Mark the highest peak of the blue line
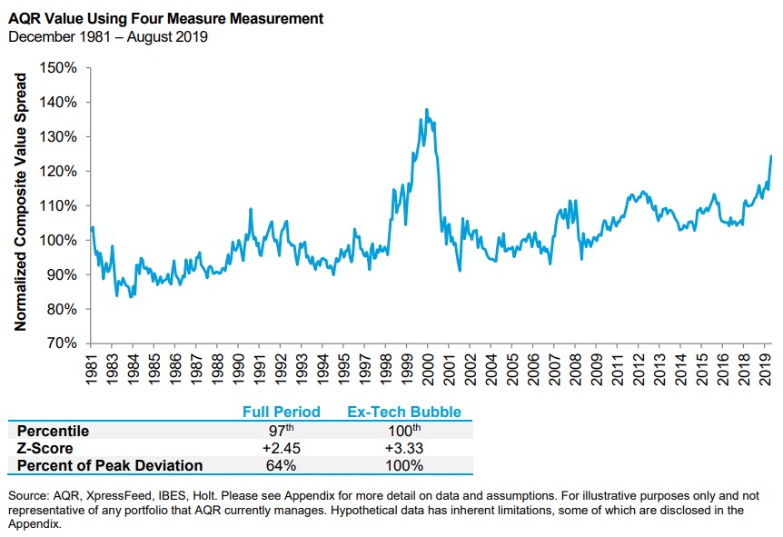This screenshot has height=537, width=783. (x=427, y=110)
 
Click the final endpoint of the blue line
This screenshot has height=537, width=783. (x=771, y=156)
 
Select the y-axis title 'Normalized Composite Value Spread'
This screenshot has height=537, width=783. (x=22, y=202)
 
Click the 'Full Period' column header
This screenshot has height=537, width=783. (x=281, y=412)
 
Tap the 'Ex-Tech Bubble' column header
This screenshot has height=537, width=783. (x=404, y=412)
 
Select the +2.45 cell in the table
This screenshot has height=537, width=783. (x=281, y=448)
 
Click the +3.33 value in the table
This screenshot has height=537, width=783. (x=404, y=448)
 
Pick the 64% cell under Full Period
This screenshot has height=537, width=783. (x=281, y=466)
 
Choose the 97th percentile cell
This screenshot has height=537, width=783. (x=281, y=431)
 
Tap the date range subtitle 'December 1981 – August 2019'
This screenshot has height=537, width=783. (x=108, y=36)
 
